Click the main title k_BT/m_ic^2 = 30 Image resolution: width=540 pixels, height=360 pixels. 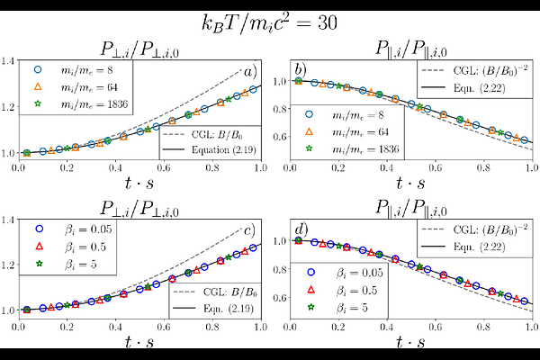[270, 21]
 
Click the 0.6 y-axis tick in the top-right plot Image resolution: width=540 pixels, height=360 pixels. [278, 137]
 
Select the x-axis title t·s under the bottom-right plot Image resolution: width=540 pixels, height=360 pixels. [410, 343]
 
